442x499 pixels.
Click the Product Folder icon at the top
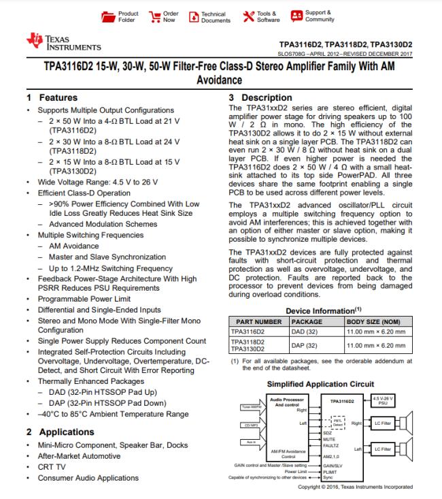107,16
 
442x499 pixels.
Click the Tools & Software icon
248,16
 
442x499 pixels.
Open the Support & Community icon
296,15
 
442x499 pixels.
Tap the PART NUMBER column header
254,321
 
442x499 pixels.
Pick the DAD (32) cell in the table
303,331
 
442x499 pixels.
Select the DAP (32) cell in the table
303,345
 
